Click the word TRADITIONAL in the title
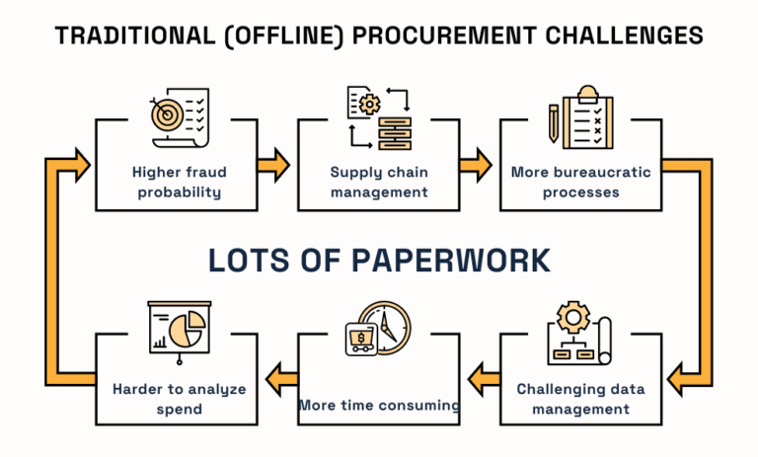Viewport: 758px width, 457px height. [122, 36]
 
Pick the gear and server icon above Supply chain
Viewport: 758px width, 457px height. [379, 116]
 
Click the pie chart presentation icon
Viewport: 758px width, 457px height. [178, 327]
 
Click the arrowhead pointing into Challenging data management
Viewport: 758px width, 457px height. [681, 376]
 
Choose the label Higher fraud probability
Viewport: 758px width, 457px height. [179, 182]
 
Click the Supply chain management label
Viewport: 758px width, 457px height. [379, 182]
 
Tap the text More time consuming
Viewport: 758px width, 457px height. [379, 405]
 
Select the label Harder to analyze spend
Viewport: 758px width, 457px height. [179, 398]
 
